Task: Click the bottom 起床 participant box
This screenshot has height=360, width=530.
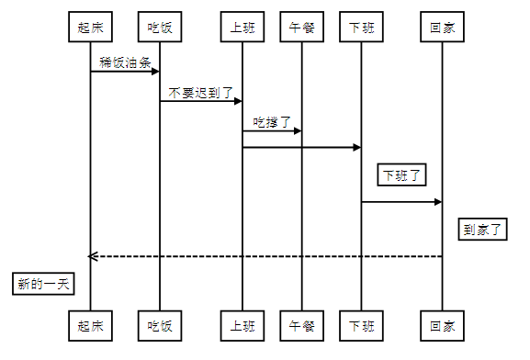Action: pos(90,325)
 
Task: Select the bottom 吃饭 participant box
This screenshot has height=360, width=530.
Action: pos(160,325)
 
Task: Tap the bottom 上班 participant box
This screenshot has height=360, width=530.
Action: pos(242,325)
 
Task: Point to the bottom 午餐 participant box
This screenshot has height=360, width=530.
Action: pos(301,325)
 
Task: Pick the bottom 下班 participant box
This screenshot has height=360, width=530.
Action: pos(361,325)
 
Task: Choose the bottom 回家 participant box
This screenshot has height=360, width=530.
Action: pos(442,325)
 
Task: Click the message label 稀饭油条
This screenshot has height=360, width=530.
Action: pos(125,63)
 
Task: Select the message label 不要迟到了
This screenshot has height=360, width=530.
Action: pos(201,93)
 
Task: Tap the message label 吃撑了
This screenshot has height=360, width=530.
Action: pos(272,122)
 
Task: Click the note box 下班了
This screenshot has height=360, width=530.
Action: pos(402,174)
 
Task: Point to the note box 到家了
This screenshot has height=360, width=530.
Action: pos(483,229)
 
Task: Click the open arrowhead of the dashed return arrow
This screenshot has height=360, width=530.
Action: pos(92,256)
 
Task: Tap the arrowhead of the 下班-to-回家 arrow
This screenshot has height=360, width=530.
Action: pos(437,202)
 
